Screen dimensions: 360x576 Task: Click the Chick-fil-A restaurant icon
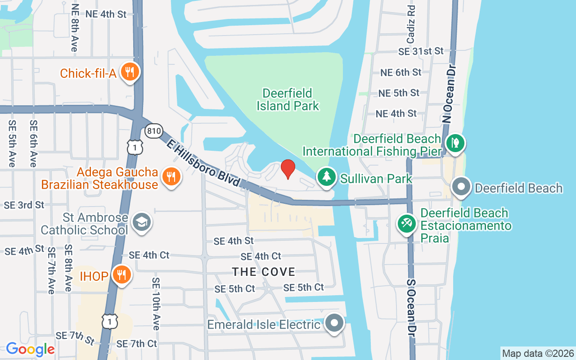tap(130, 72)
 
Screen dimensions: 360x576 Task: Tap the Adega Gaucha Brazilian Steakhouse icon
tap(171, 176)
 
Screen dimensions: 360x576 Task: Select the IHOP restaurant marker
tap(121, 274)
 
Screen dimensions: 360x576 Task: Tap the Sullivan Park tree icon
tap(327, 177)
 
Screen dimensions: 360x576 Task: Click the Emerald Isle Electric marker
tap(334, 323)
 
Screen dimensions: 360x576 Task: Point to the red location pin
tap(288, 169)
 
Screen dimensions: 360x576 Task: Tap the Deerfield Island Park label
tap(288, 99)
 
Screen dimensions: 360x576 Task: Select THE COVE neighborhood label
tap(264, 272)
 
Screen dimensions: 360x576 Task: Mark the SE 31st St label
tap(421, 51)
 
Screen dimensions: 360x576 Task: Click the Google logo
tap(30, 349)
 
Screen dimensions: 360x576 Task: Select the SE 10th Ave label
tap(156, 303)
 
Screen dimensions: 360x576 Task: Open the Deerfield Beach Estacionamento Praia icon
tap(407, 224)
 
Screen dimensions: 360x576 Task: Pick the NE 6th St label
tap(400, 72)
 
